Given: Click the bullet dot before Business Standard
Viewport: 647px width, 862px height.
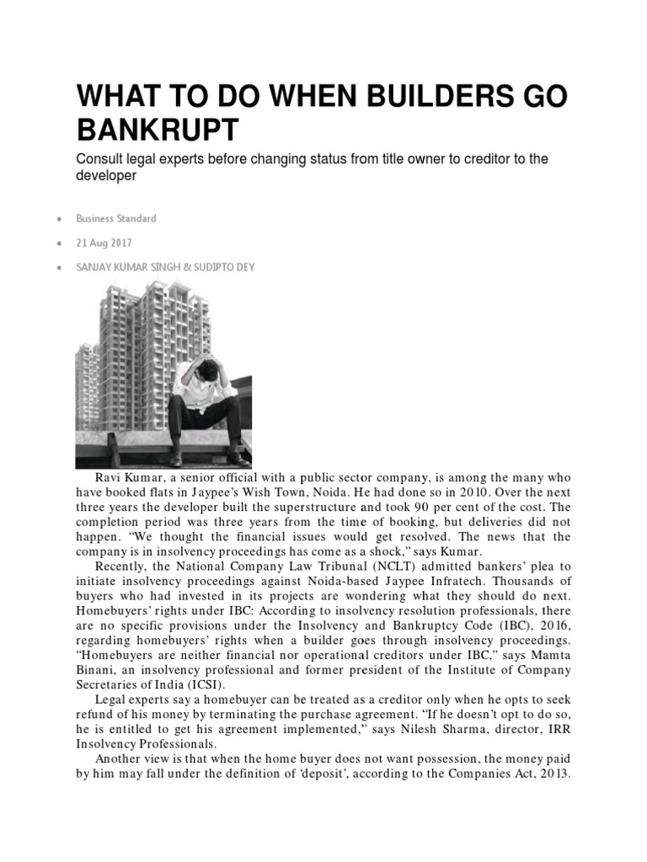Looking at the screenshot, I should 58,219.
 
